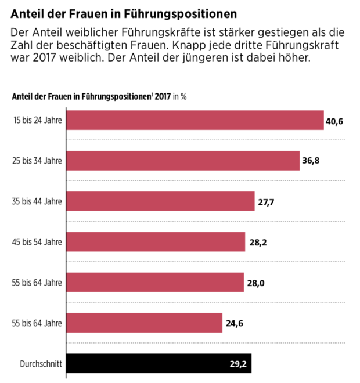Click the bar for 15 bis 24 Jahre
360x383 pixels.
[195, 120]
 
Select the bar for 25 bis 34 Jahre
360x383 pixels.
[183, 160]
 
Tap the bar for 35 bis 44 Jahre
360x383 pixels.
[160, 201]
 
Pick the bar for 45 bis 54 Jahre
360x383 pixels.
[156, 242]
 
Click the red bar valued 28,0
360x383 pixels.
[155, 283]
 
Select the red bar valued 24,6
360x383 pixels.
[144, 323]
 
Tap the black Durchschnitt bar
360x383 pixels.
[159, 364]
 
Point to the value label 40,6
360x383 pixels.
[335, 121]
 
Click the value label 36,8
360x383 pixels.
[311, 161]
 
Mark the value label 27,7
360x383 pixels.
[265, 202]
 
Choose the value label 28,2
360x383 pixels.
[258, 243]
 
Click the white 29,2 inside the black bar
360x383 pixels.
[239, 364]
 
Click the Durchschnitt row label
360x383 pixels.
[41, 364]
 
